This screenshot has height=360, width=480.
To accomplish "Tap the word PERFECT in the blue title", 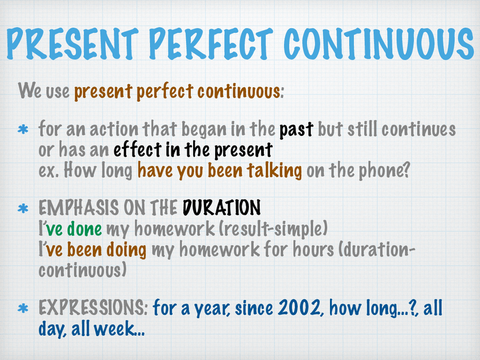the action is [211, 44].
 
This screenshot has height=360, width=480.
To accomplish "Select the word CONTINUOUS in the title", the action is [379, 44].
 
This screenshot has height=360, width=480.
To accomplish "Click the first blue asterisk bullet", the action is [23, 129].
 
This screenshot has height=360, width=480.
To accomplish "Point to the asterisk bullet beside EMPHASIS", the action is [23, 209].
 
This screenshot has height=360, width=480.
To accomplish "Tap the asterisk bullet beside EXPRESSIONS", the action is [23, 308].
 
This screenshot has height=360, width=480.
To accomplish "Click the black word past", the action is [296, 130].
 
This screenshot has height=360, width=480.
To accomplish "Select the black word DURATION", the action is [222, 208].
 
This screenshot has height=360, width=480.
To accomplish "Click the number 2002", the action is [299, 308].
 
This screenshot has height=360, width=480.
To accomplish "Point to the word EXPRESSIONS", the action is [93, 307].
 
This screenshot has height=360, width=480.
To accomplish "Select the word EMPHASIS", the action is [79, 208].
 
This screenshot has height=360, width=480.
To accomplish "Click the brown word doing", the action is [126, 250].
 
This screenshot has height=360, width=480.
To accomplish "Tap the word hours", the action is [313, 249].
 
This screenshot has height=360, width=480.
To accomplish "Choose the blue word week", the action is [114, 328].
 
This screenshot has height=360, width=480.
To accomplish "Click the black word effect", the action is [138, 150].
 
